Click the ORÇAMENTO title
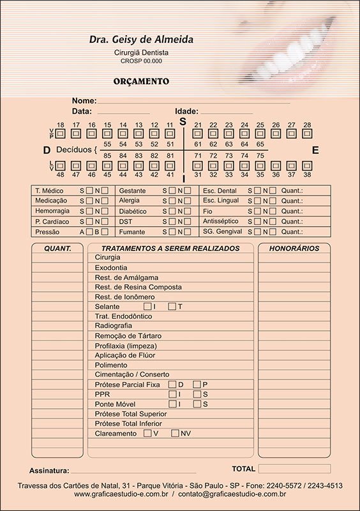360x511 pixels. point(141,82)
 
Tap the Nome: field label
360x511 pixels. point(84,101)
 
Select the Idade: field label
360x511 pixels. point(186,111)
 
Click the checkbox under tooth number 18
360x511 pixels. point(61,133)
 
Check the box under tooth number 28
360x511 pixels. point(307,133)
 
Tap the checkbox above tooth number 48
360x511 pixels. point(61,166)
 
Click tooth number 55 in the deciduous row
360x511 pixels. point(107,145)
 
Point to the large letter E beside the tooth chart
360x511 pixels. point(315,151)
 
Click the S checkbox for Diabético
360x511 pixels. point(172,211)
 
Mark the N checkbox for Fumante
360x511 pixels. point(188,231)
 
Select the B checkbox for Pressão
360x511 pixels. point(105,231)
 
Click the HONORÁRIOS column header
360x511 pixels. point(294,248)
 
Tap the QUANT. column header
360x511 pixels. point(57,248)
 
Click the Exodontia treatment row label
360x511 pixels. point(111,268)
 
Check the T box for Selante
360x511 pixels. point(172,307)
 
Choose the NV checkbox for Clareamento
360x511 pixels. point(176,433)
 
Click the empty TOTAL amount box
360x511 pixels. point(294,469)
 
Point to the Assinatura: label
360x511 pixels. point(49,471)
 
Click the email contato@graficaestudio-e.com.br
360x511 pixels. point(232,494)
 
